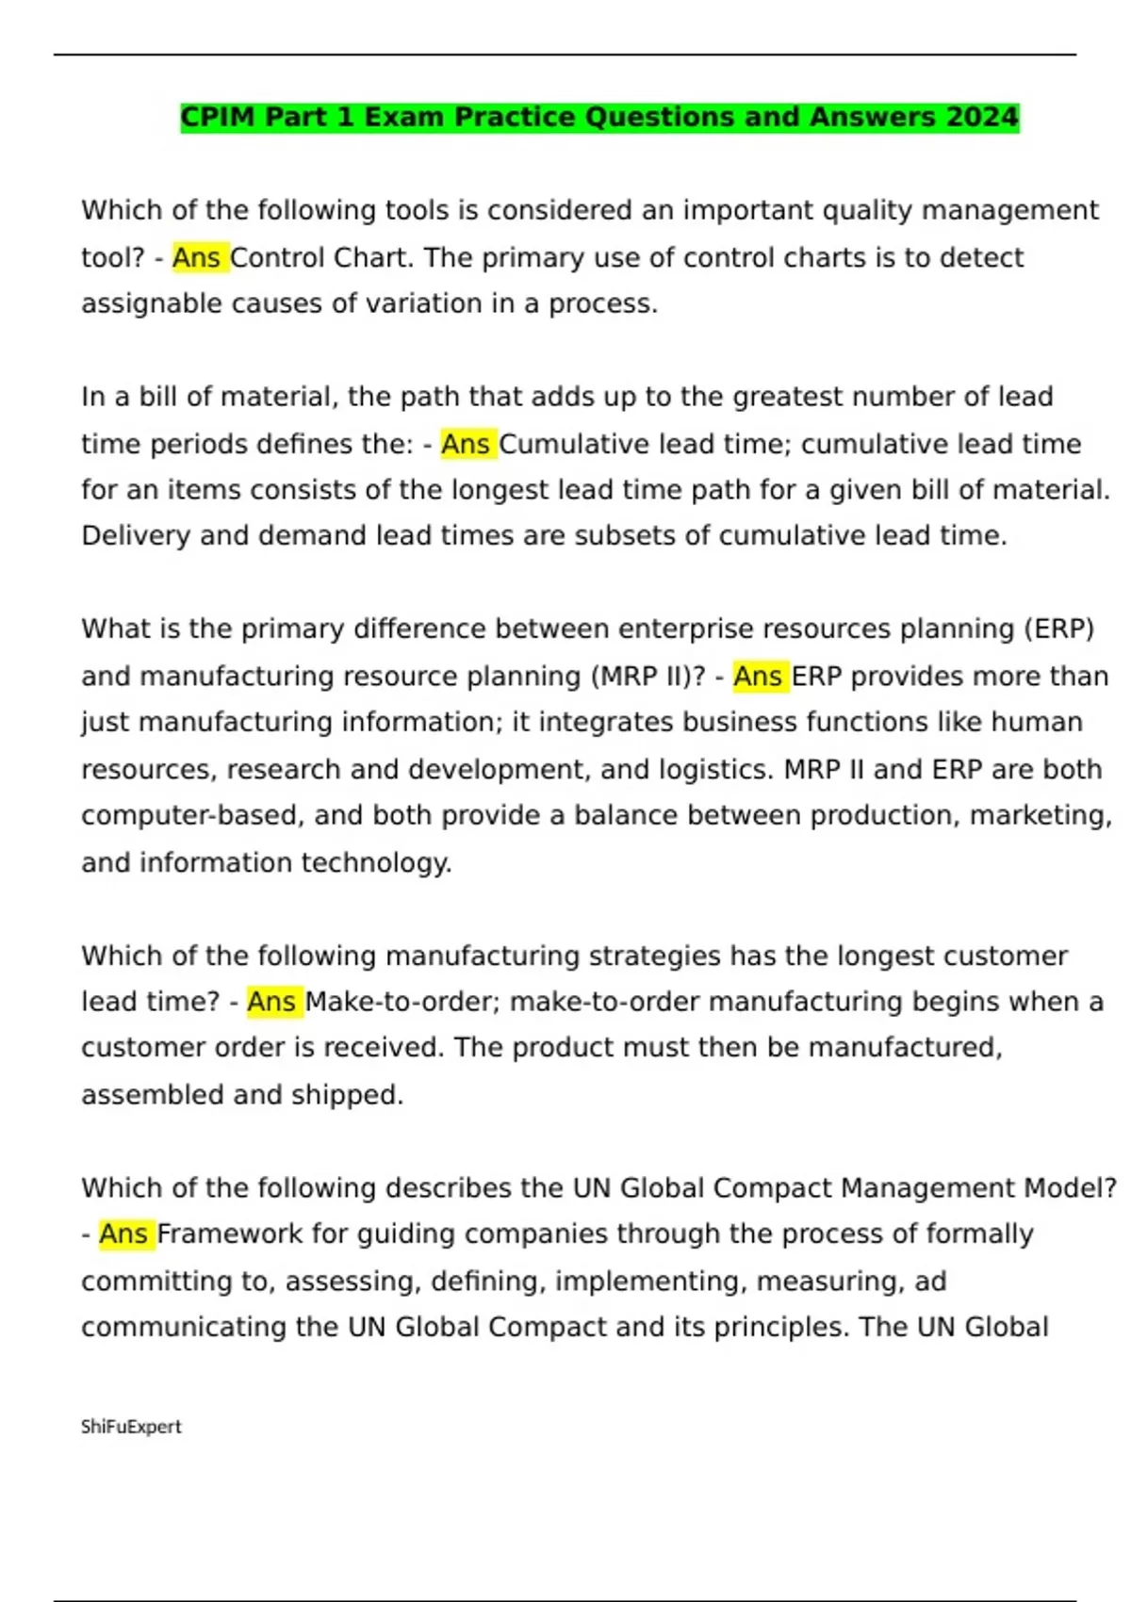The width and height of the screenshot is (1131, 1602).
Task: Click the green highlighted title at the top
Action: tap(599, 117)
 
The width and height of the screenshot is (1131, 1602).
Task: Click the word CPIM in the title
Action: tap(218, 117)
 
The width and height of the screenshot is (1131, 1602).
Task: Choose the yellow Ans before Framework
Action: tap(123, 1234)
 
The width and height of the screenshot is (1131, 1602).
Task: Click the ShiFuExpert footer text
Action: tap(131, 1427)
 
